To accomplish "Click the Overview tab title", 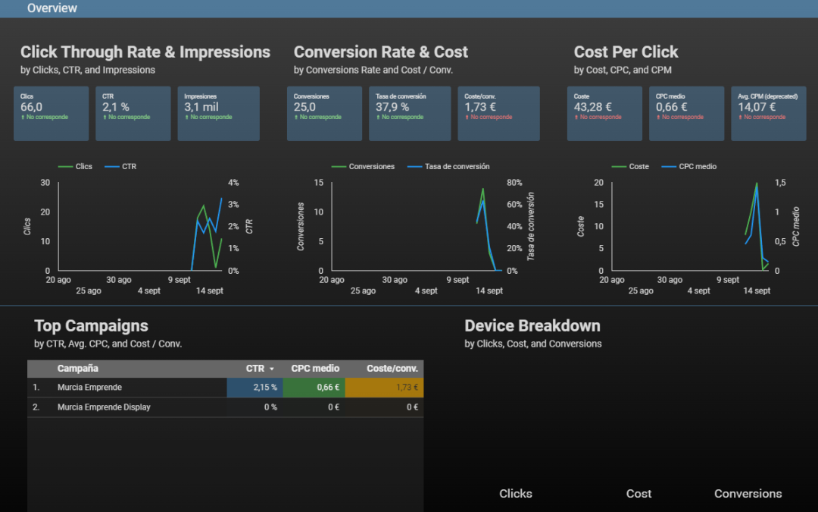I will pyautogui.click(x=52, y=8).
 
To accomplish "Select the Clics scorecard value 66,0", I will pyautogui.click(x=31, y=108).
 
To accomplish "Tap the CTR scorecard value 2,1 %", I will pyautogui.click(x=116, y=108).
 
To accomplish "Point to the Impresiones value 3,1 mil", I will pyautogui.click(x=201, y=108).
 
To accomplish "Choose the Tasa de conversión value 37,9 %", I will pyautogui.click(x=392, y=108).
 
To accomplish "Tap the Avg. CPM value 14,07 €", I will pyautogui.click(x=757, y=108).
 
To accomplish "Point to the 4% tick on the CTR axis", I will pyautogui.click(x=233, y=183).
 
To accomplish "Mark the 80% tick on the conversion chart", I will pyautogui.click(x=514, y=183).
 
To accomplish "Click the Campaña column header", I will pyautogui.click(x=78, y=369).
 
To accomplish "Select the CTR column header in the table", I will pyautogui.click(x=255, y=369).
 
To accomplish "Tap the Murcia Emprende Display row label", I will pyautogui.click(x=104, y=407).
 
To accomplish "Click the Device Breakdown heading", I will pyautogui.click(x=532, y=326).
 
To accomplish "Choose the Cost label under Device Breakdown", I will pyautogui.click(x=638, y=494).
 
